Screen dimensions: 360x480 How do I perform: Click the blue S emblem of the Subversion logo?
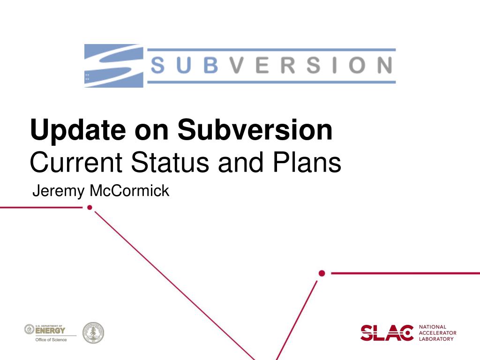click(113, 66)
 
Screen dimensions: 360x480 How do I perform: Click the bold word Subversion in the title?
click(255, 130)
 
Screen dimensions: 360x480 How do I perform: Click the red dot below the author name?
click(90, 207)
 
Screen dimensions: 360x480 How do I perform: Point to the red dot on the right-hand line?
click(322, 273)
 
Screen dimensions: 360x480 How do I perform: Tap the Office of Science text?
click(51, 339)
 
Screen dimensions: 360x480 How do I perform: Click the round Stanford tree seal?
click(93, 333)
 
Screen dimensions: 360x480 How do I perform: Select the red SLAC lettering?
click(387, 332)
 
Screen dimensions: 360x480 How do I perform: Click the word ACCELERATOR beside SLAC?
click(437, 333)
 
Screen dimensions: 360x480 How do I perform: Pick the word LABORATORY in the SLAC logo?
click(436, 338)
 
